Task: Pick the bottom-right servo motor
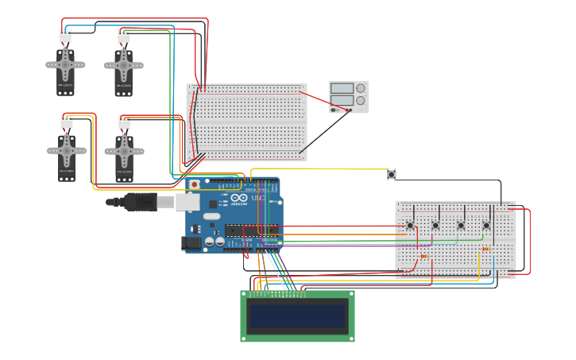pos(124,151)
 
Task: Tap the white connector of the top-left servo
pos(64,36)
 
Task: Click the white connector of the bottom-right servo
pos(124,122)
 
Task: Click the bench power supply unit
pos(348,97)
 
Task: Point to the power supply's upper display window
pos(342,88)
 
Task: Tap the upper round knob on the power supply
pos(361,88)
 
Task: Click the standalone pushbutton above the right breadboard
pos(392,174)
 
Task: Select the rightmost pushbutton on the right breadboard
pos(486,226)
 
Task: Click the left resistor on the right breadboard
pos(423,256)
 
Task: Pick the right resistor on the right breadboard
pos(485,249)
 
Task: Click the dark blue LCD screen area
pos(298,316)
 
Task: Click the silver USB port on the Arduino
pos(187,203)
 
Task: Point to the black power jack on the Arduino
pos(191,243)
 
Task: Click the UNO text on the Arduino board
pos(258,197)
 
